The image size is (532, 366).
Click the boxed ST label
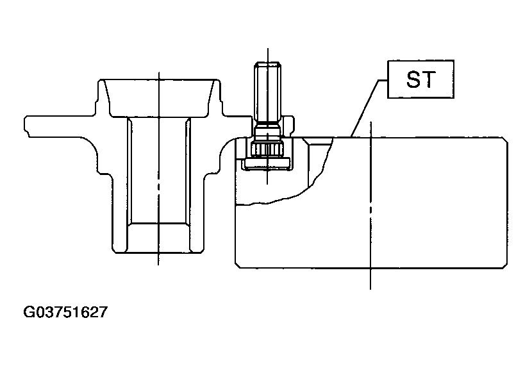420,79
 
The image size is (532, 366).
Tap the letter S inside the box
413,79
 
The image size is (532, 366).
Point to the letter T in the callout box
429,79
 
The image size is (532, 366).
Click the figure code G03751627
65,312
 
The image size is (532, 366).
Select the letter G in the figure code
28,312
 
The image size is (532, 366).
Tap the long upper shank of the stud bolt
268,92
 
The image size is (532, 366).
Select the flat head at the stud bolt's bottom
268,163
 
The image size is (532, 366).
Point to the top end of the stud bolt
268,62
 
